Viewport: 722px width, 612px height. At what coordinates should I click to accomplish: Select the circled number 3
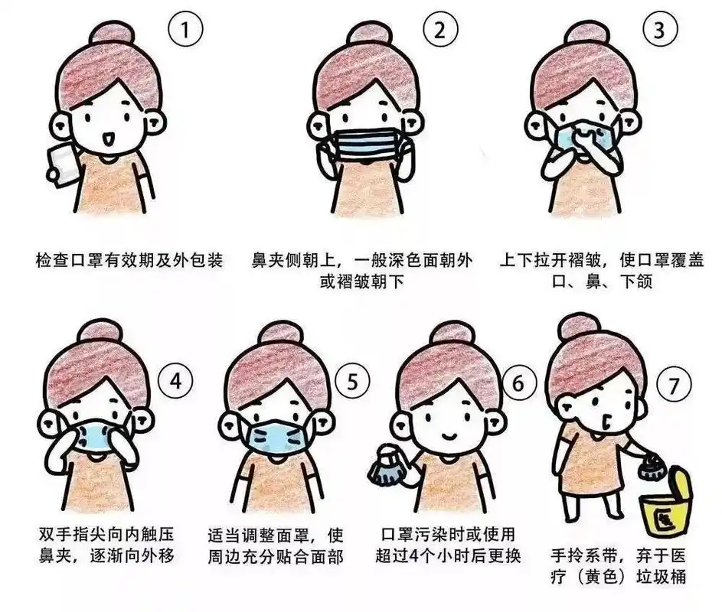coord(659,31)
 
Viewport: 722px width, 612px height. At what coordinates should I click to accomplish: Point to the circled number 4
coord(176,380)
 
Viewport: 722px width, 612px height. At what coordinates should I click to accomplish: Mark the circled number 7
coord(673,386)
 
